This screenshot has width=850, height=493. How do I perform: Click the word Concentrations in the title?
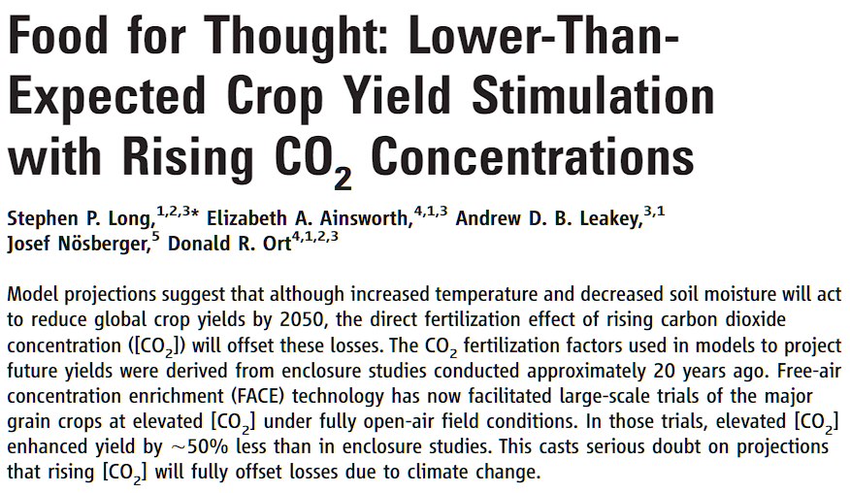pos(533,155)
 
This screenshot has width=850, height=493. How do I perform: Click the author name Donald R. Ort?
pos(229,245)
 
